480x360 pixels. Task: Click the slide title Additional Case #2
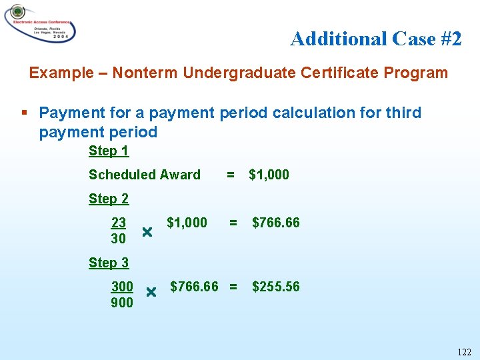tap(375, 39)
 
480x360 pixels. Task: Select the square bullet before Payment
tap(25, 113)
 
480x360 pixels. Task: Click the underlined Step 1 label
tap(109, 151)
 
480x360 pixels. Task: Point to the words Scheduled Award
tap(144, 175)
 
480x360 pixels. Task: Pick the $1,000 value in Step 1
tap(269, 175)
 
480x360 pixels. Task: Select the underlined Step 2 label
tap(109, 199)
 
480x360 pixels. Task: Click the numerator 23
tap(119, 223)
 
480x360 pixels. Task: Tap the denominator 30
tap(118, 239)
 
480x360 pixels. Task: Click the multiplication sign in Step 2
tap(147, 232)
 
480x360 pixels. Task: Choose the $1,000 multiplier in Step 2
tap(187, 223)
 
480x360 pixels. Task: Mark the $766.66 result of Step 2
tap(275, 223)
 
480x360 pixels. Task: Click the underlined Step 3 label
tap(109, 263)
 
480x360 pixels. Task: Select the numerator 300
tap(122, 287)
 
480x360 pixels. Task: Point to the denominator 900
tap(122, 303)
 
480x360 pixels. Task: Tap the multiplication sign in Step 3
tap(151, 292)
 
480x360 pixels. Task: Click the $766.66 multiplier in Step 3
tap(194, 287)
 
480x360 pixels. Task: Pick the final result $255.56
tap(275, 287)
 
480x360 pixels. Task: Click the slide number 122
tap(464, 352)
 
